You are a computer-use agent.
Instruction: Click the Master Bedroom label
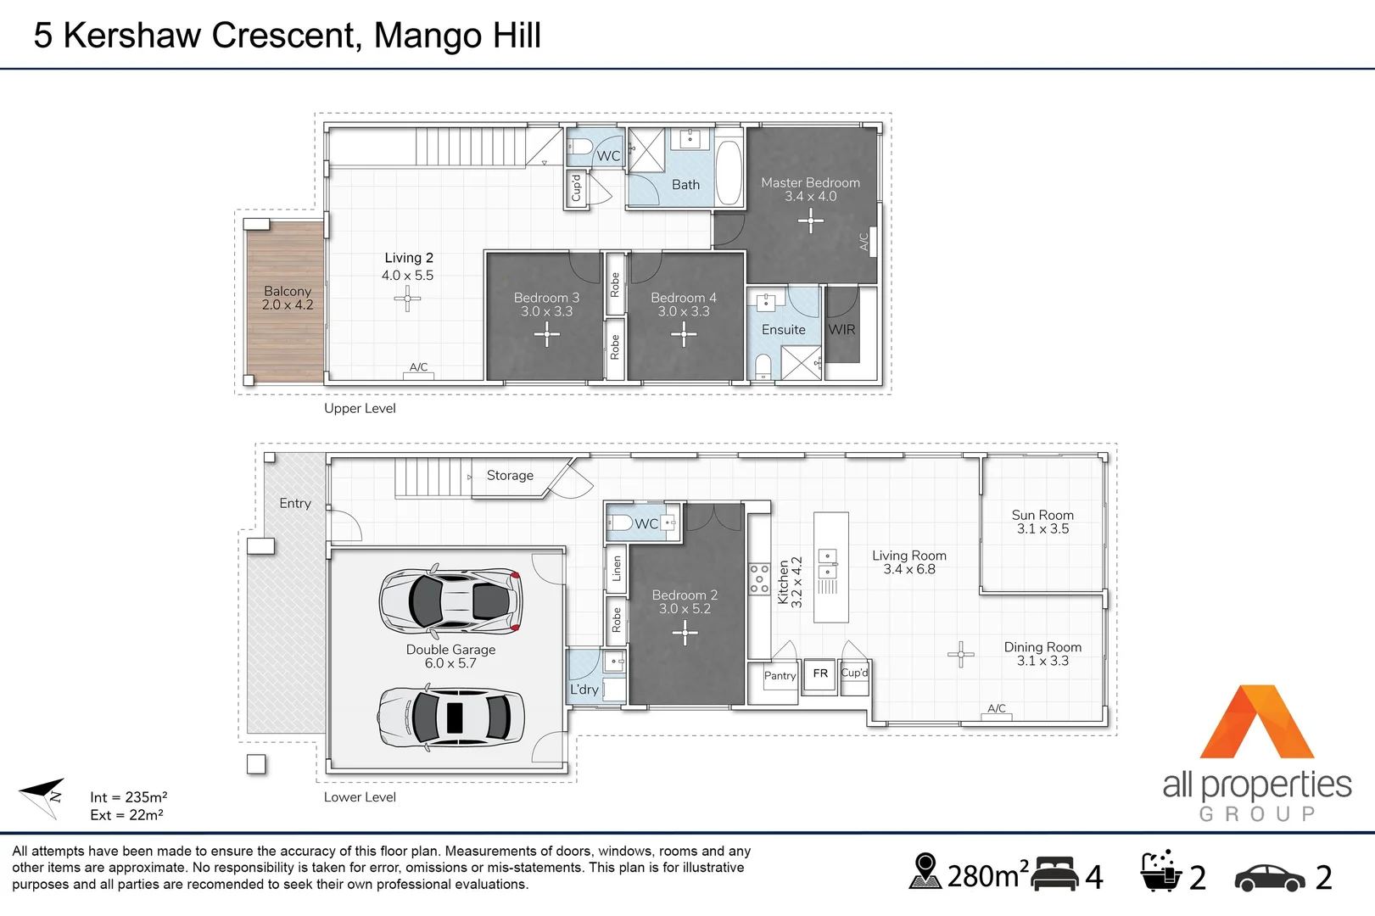[x=810, y=182]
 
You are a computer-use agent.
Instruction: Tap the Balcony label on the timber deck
[x=288, y=291]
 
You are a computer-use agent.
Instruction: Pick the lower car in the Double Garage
[x=451, y=717]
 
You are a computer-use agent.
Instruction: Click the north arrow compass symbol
[x=43, y=797]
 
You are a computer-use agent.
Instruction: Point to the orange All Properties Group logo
[x=1256, y=722]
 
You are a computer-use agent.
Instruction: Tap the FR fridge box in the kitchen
[x=820, y=675]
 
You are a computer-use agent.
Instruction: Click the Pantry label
[x=780, y=675]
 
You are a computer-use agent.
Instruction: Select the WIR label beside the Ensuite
[x=841, y=330]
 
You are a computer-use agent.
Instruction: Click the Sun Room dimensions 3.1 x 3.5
[x=1042, y=528]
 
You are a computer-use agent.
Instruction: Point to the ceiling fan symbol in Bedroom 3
[x=546, y=335]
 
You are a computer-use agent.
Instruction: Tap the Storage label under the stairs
[x=510, y=475]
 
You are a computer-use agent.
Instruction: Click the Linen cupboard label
[x=617, y=568]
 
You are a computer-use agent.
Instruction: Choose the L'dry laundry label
[x=584, y=690]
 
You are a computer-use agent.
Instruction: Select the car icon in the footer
[x=1270, y=878]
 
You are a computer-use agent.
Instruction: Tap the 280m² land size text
[x=987, y=875]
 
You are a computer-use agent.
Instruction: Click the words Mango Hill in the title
[x=457, y=36]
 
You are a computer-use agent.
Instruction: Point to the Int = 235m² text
[x=128, y=797]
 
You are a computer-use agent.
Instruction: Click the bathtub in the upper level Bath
[x=729, y=173]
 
